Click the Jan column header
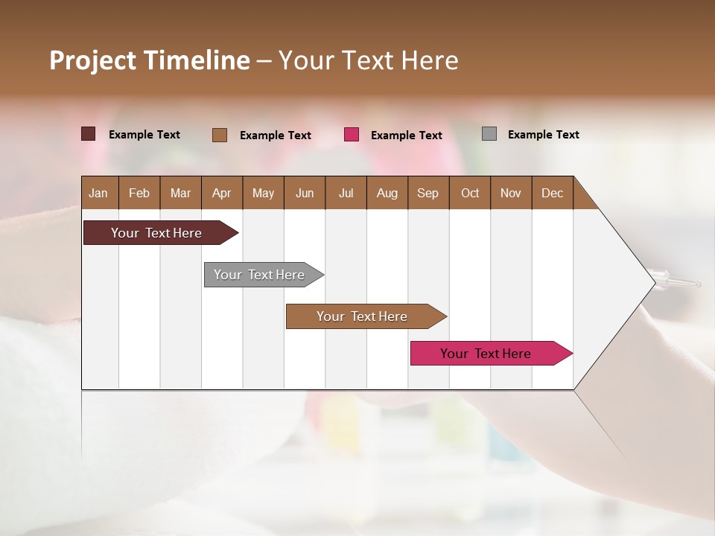pyautogui.click(x=99, y=193)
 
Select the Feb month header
pyautogui.click(x=139, y=193)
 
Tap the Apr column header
pyautogui.click(x=222, y=193)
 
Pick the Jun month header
pyautogui.click(x=305, y=193)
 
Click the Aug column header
pyautogui.click(x=387, y=193)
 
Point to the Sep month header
pyautogui.click(x=428, y=193)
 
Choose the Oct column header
pyautogui.click(x=470, y=193)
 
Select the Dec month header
pyautogui.click(x=553, y=193)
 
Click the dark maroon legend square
pyautogui.click(x=89, y=134)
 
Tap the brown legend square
pyautogui.click(x=220, y=135)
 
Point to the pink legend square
pyautogui.click(x=352, y=135)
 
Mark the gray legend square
pyautogui.click(x=489, y=134)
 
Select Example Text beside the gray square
pyautogui.click(x=543, y=135)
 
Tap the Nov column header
pyautogui.click(x=511, y=193)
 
